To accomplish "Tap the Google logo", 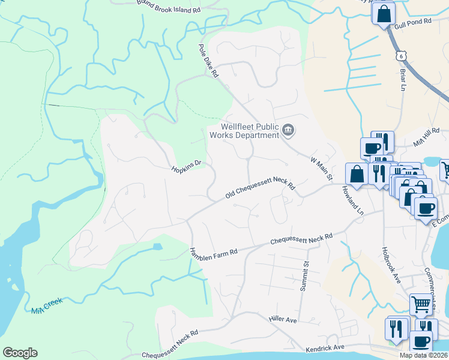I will pyautogui.click(x=20, y=353).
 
